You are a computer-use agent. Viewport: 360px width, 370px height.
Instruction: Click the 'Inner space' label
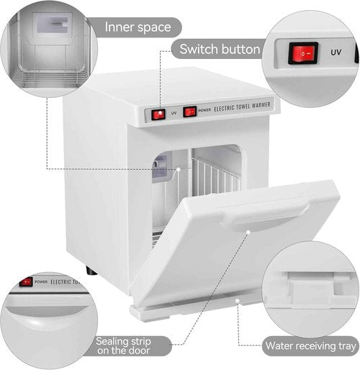(138, 28)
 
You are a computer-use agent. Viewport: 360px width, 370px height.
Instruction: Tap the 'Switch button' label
(219, 50)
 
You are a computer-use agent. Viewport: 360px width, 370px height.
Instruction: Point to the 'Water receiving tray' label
(310, 345)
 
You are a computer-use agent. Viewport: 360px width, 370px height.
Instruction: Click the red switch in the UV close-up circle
(304, 53)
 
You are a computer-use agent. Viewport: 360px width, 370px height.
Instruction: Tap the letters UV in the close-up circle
(336, 53)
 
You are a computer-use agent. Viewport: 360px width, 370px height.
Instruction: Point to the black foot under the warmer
(90, 271)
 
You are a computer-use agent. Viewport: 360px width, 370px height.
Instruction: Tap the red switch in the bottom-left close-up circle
(26, 281)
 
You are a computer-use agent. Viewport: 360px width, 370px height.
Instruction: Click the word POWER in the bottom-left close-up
(41, 281)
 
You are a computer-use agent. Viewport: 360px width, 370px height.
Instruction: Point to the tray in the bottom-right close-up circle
(310, 292)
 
